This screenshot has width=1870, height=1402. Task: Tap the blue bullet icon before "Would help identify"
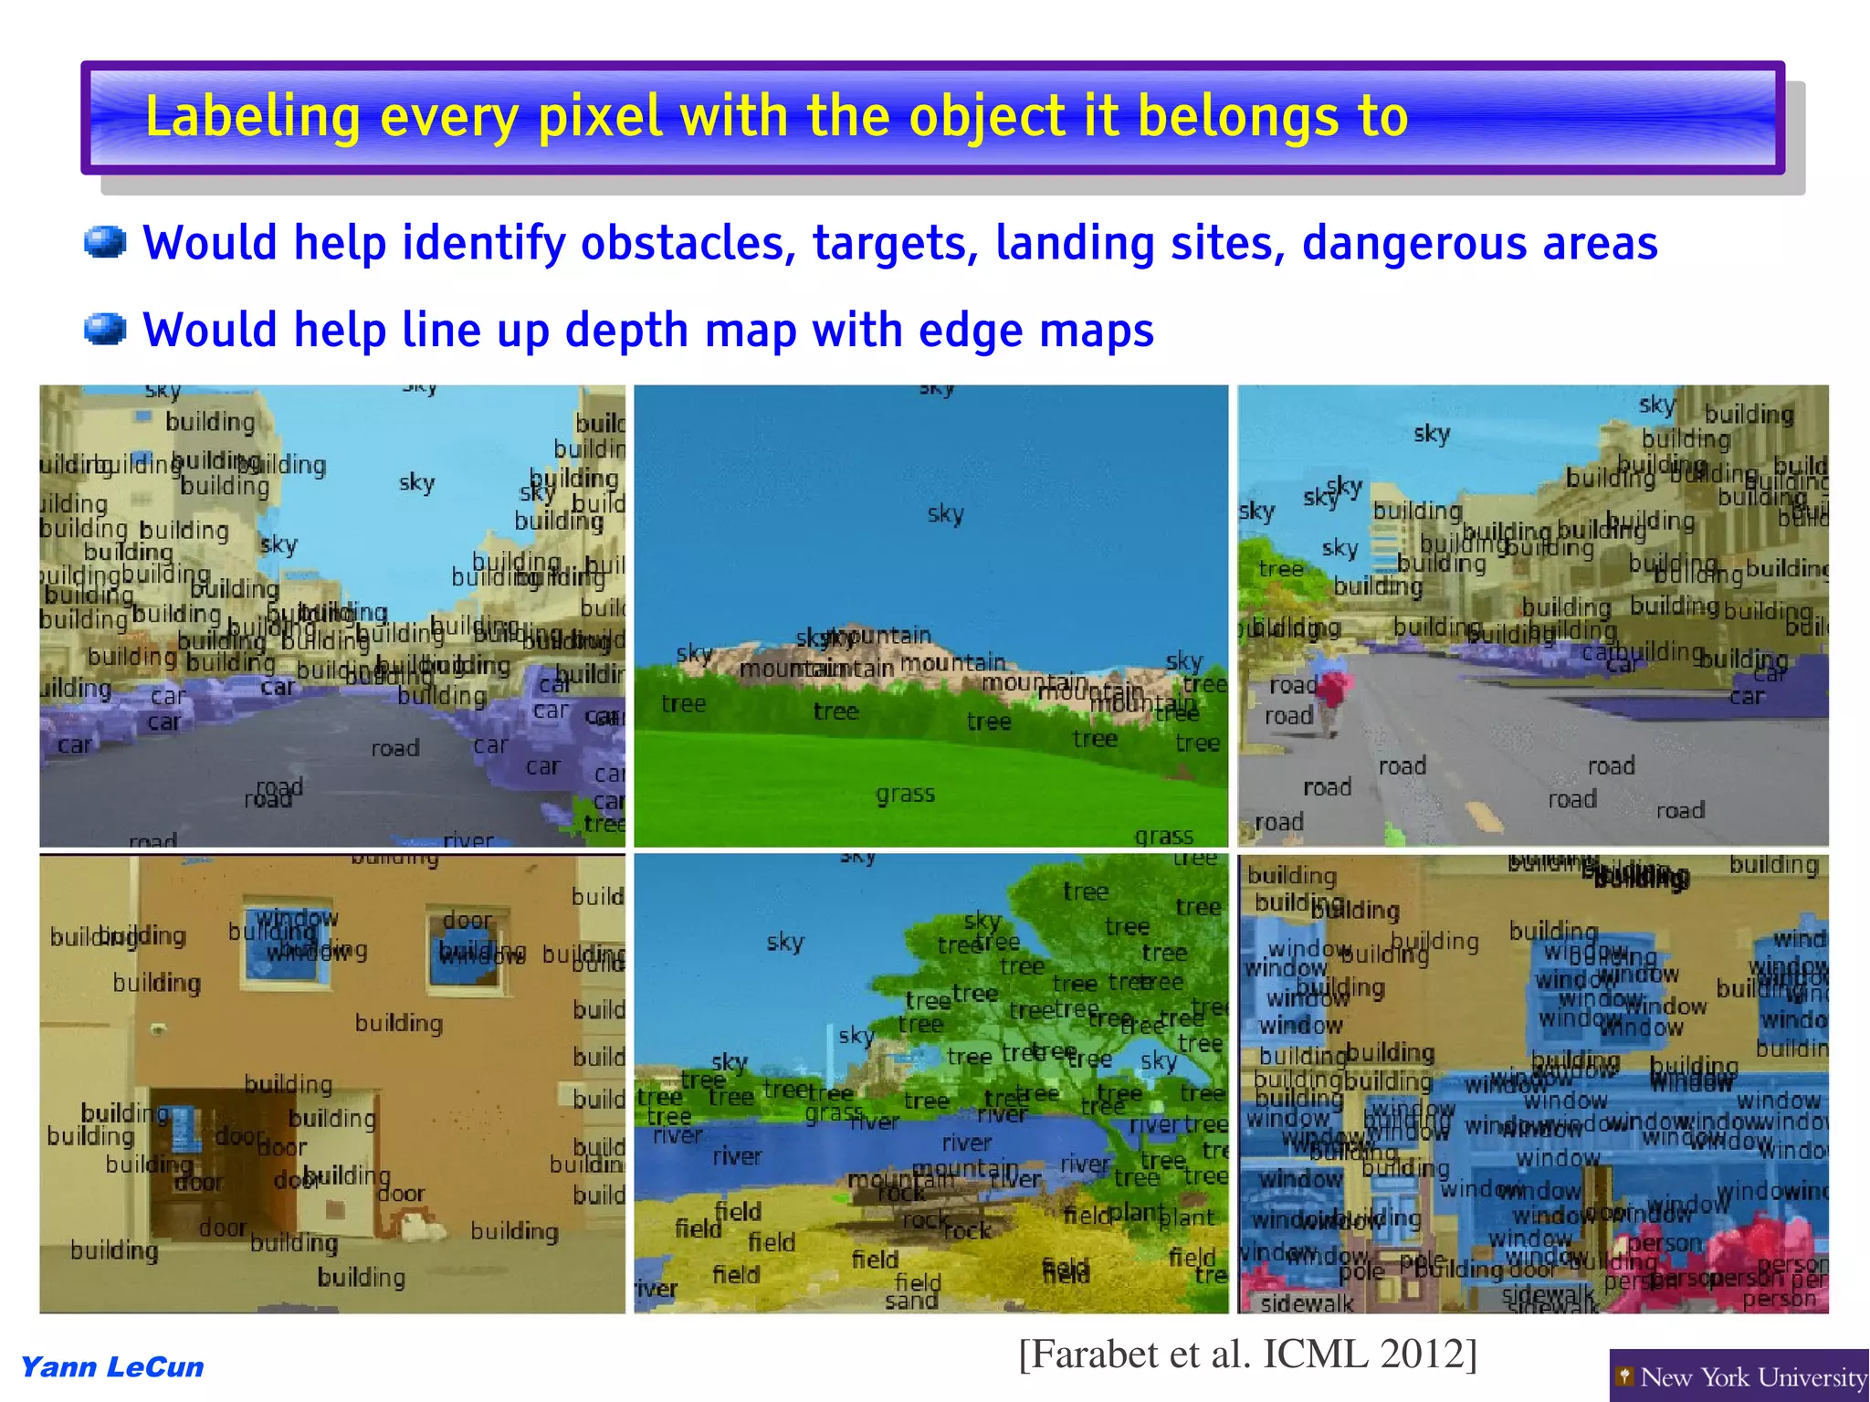tap(105, 243)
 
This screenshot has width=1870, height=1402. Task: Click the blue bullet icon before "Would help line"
tap(105, 329)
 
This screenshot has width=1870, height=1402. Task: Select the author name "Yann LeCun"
tap(111, 1367)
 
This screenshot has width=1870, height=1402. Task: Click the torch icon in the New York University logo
tap(1624, 1376)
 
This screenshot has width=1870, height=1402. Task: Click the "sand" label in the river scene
tap(910, 1301)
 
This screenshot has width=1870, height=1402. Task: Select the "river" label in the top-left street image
tap(467, 839)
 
